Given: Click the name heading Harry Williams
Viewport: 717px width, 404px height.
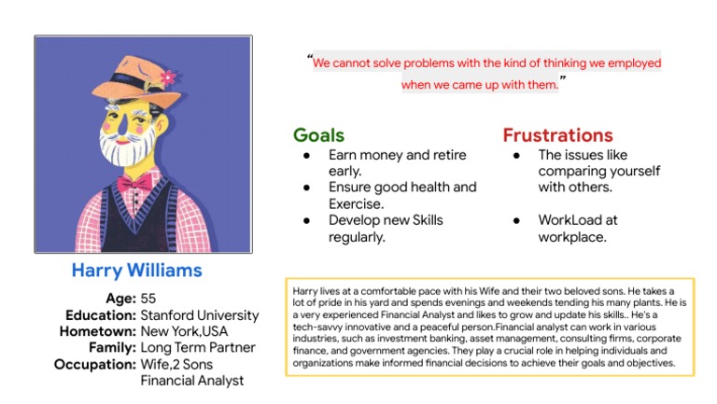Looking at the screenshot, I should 136,271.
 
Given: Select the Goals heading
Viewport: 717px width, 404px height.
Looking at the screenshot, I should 318,135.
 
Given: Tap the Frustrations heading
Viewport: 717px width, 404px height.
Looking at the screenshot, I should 557,135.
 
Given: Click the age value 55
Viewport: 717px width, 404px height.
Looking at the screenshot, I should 149,299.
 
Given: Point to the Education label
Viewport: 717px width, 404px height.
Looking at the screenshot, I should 100,315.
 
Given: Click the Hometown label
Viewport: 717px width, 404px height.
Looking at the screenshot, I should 97,331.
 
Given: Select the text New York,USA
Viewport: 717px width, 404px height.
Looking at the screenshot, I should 183,331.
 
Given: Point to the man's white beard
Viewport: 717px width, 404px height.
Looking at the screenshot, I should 127,149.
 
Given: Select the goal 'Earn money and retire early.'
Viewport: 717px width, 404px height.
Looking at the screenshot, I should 397,162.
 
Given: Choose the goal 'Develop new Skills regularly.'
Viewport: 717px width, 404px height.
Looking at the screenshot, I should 385,229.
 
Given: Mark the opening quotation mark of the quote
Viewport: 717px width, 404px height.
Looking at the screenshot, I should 309,59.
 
